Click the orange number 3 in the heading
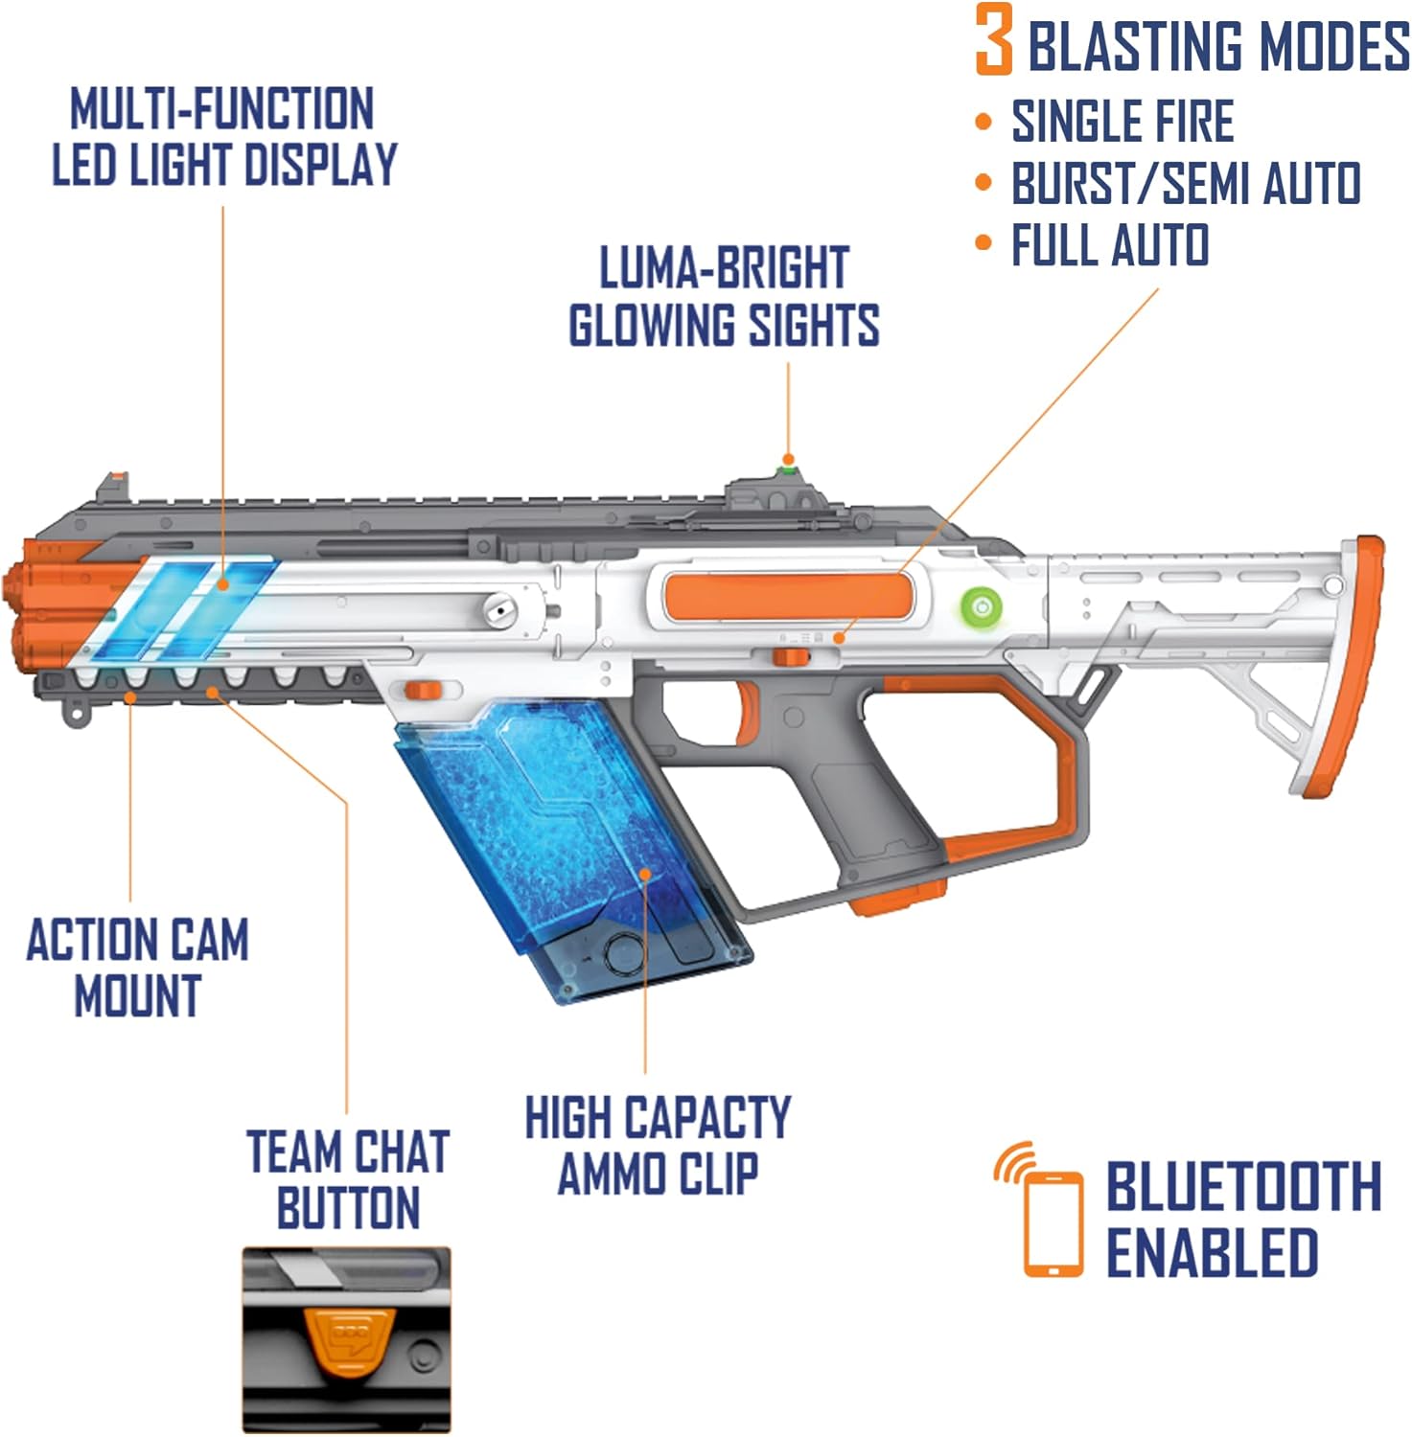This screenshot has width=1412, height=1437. pos(994,40)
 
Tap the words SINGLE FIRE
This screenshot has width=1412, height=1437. pos(1123,122)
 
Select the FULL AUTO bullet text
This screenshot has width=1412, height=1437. pos(1110,245)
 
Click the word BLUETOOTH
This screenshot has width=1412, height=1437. pos(1243,1186)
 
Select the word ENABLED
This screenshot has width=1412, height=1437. pos(1212,1251)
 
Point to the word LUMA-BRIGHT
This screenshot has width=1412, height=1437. pos(724,268)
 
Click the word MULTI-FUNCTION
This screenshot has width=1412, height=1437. pos(221,108)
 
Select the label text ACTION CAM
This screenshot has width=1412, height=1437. pos(137,940)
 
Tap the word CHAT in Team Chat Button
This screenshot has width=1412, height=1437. pos(395,1152)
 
